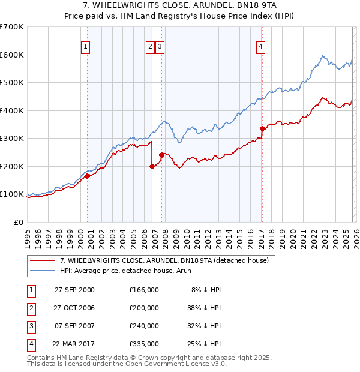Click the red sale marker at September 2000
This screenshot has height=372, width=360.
[88, 176]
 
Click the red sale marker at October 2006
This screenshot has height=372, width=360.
[152, 167]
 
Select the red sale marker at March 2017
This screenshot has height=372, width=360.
[262, 128]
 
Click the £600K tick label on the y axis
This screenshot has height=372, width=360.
[12, 55]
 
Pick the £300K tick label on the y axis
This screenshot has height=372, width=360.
[12, 139]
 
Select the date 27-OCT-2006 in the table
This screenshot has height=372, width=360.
[74, 307]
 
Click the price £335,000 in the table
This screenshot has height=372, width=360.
[143, 343]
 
